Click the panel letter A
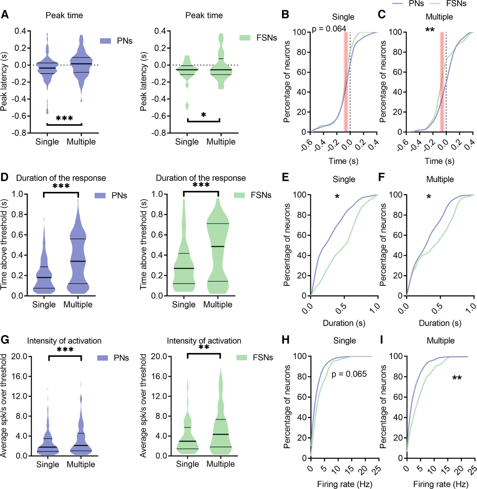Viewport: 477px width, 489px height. (5, 15)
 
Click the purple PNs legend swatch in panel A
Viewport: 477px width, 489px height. (105, 41)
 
